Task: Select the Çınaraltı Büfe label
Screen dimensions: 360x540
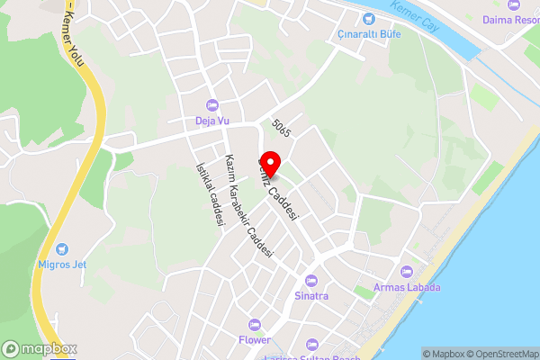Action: point(367,34)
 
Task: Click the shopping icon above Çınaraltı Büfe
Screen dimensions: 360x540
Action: point(367,19)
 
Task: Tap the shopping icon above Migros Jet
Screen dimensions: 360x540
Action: point(61,248)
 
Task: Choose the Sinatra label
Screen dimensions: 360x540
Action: point(311,295)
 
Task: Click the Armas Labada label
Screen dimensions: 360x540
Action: point(408,288)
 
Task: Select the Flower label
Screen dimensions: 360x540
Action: point(255,340)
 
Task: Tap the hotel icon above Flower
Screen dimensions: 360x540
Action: point(255,325)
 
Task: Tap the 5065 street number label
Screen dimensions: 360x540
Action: point(282,130)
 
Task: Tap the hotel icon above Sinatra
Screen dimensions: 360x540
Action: point(311,280)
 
